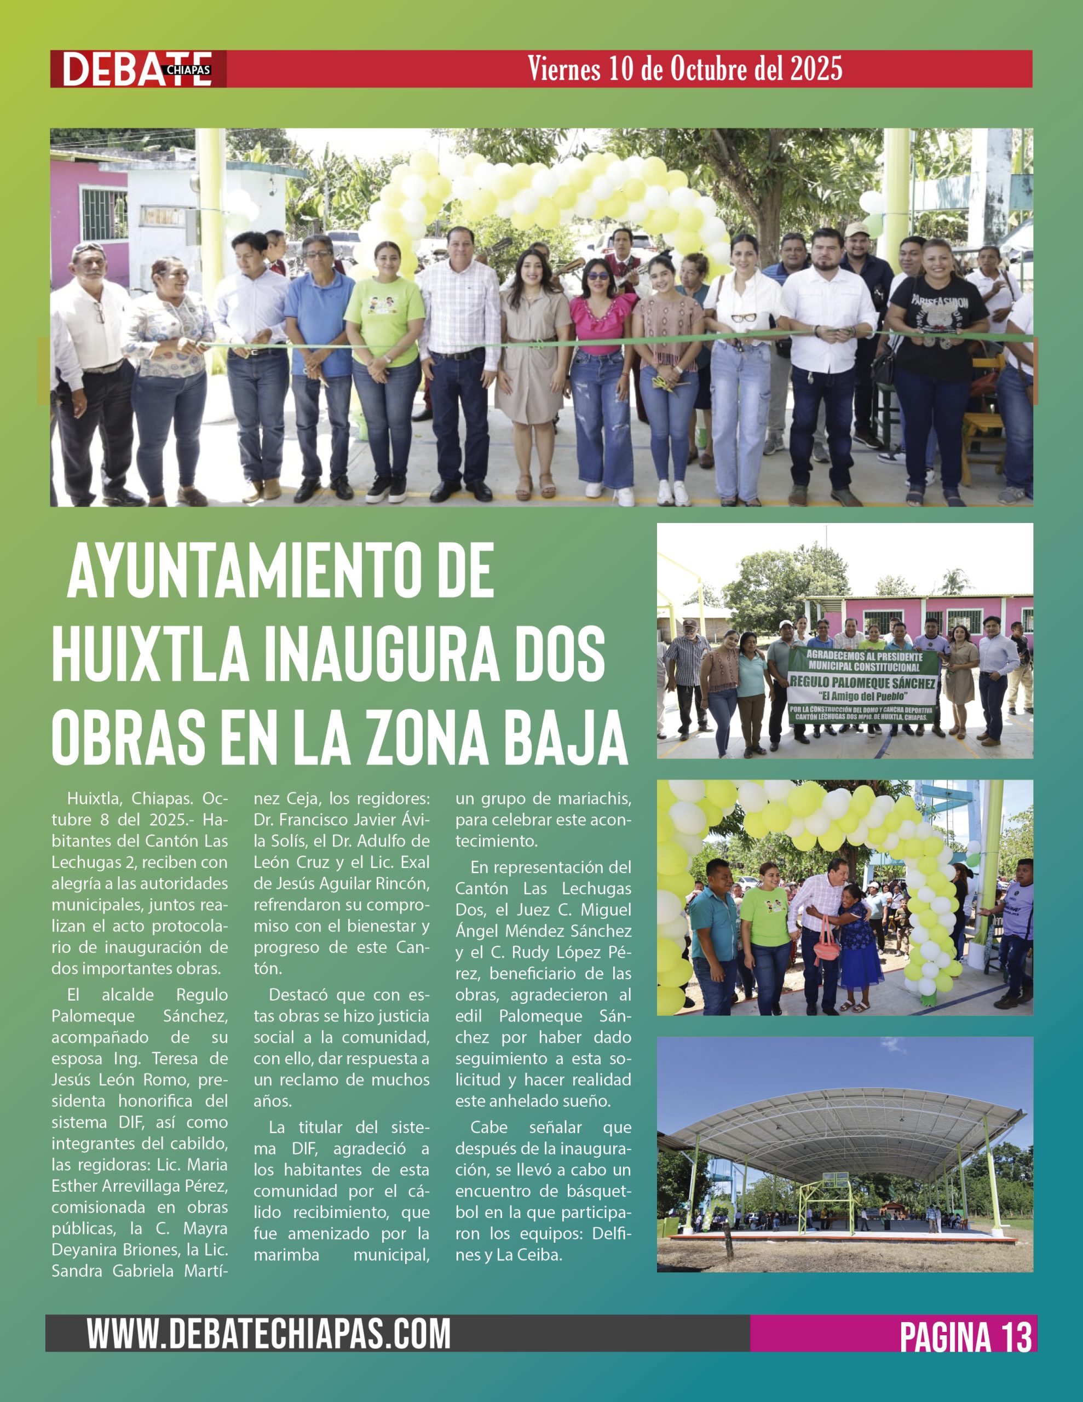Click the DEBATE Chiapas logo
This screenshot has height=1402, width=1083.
point(137,68)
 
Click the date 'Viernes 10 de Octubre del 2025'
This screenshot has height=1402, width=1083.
point(684,68)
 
